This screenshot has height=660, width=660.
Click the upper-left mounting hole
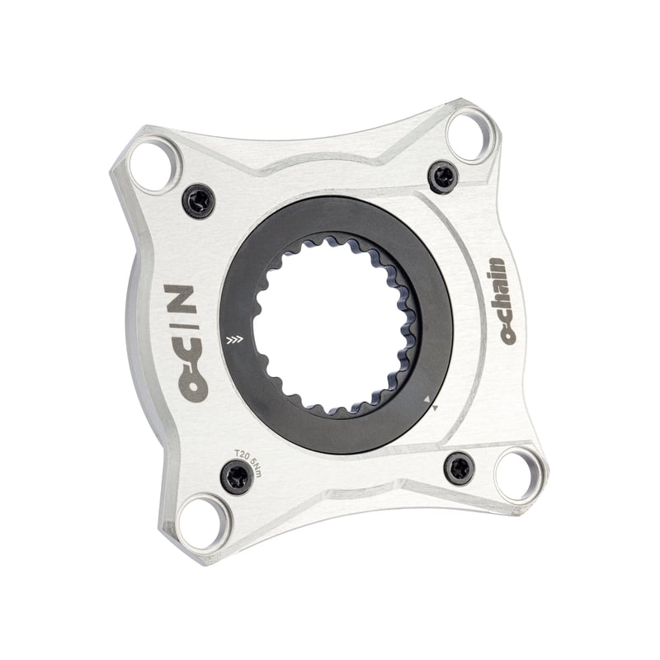154,167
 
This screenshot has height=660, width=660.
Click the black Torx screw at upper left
199,201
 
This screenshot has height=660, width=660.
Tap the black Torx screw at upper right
443,177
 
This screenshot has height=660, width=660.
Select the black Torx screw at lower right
460,469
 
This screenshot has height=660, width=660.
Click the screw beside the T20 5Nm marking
237,477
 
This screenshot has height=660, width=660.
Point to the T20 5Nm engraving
248,463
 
